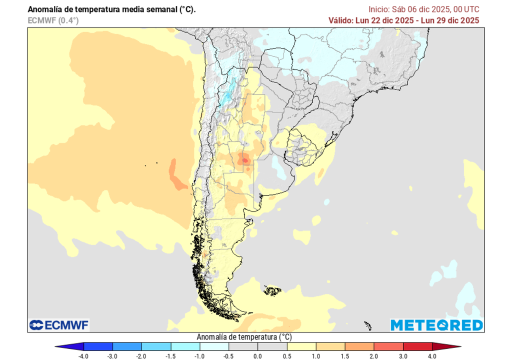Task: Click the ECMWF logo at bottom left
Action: [59, 325]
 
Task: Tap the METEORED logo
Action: [436, 325]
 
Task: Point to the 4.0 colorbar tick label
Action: [432, 355]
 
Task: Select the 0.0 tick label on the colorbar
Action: [258, 355]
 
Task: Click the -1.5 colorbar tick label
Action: [171, 355]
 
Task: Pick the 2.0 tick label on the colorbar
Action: [374, 355]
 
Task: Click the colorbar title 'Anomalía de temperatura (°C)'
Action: [244, 337]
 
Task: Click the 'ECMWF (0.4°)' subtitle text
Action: [53, 20]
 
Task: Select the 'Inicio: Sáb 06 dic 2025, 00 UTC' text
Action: [424, 9]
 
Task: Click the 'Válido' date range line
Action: [404, 20]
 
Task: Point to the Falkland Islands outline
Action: [272, 289]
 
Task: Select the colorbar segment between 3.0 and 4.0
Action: [417, 346]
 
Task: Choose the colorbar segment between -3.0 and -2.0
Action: [127, 346]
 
